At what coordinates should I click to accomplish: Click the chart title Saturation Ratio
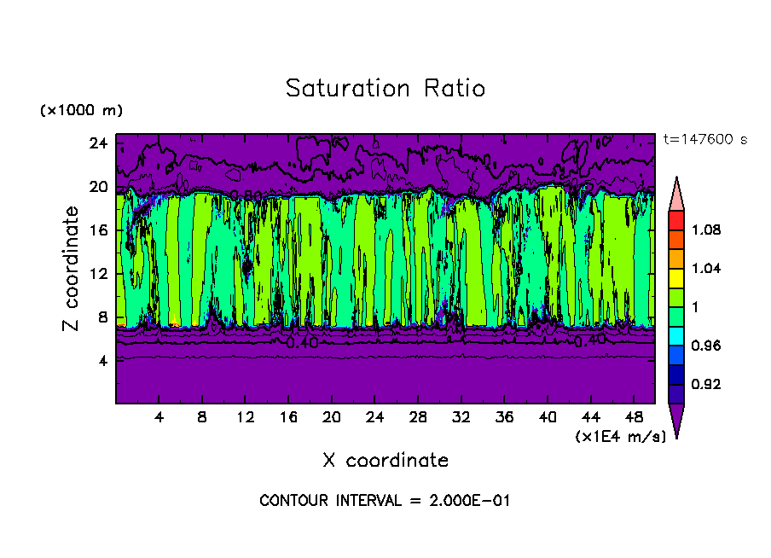(385, 89)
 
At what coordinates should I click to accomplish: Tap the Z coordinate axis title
(71, 268)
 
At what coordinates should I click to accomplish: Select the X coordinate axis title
(385, 461)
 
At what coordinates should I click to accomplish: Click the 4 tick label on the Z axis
(101, 361)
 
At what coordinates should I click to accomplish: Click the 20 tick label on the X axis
(332, 417)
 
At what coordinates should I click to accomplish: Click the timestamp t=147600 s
(704, 140)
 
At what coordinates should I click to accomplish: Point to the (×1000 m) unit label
(81, 110)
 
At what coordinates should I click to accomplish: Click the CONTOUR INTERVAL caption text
(385, 501)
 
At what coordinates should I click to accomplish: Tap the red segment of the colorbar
(675, 219)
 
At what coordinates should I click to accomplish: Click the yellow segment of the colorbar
(675, 277)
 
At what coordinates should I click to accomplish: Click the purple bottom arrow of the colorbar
(675, 418)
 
